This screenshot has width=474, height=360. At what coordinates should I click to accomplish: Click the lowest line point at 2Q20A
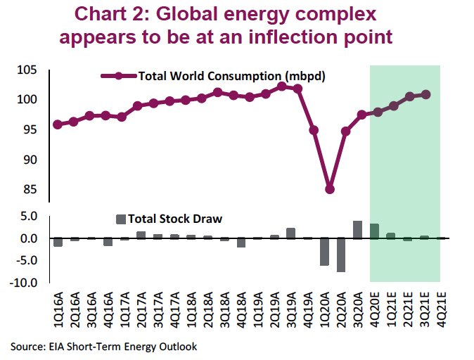coord(329,189)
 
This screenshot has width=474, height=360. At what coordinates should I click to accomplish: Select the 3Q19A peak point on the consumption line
coord(281,86)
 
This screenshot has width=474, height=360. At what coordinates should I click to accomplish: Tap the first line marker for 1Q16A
coord(58,124)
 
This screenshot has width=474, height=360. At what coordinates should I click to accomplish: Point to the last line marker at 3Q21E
coord(425,94)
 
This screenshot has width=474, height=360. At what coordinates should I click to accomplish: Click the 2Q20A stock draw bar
coord(341,255)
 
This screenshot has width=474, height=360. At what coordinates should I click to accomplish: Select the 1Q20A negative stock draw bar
coord(324,252)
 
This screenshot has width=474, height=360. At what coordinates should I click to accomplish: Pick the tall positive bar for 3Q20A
coord(357,230)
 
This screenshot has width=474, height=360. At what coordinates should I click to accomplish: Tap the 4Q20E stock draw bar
coord(374,231)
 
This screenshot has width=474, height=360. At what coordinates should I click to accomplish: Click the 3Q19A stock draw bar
coord(290,233)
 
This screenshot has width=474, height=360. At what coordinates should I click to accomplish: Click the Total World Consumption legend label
coord(232,76)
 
